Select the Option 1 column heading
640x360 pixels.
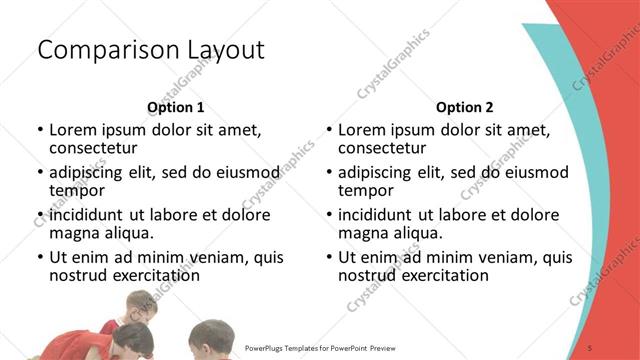[175, 107]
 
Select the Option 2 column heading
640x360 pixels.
[464, 107]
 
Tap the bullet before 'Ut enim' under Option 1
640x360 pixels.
[40, 257]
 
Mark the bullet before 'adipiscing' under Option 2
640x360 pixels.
[329, 171]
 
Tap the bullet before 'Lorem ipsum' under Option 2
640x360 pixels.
[329, 129]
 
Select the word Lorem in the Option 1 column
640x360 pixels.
[71, 129]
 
